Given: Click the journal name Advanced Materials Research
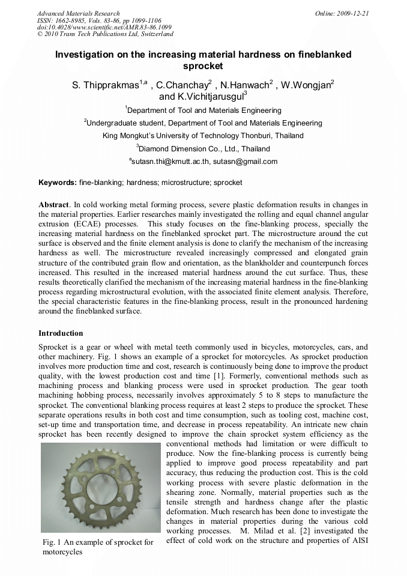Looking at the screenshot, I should pos(78,13).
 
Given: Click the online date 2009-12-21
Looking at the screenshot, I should pos(353,13).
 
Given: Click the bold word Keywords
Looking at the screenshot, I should pos(57,182).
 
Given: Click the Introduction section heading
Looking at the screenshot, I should pos(61,333).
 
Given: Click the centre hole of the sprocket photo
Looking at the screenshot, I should pos(101,488).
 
